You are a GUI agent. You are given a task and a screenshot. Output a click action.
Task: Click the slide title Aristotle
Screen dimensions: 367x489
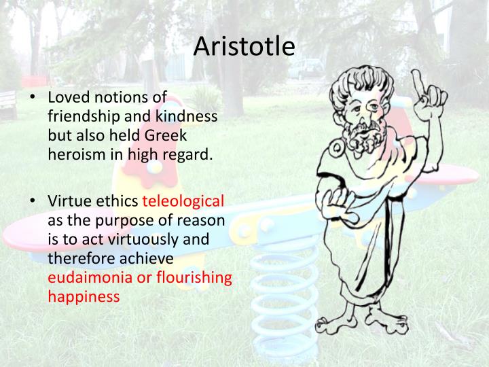click(x=244, y=47)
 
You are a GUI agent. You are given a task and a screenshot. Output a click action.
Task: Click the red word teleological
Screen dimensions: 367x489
click(x=183, y=202)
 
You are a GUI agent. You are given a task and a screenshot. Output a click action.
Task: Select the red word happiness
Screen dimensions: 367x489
click(x=84, y=297)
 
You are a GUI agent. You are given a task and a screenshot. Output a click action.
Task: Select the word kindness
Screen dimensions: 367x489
click(x=186, y=116)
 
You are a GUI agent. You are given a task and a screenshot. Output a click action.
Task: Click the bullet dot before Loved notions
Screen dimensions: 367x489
click(x=32, y=99)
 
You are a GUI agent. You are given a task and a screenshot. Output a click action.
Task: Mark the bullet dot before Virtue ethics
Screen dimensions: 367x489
click(x=32, y=203)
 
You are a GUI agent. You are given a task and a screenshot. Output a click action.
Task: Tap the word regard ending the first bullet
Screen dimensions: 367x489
click(x=191, y=154)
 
